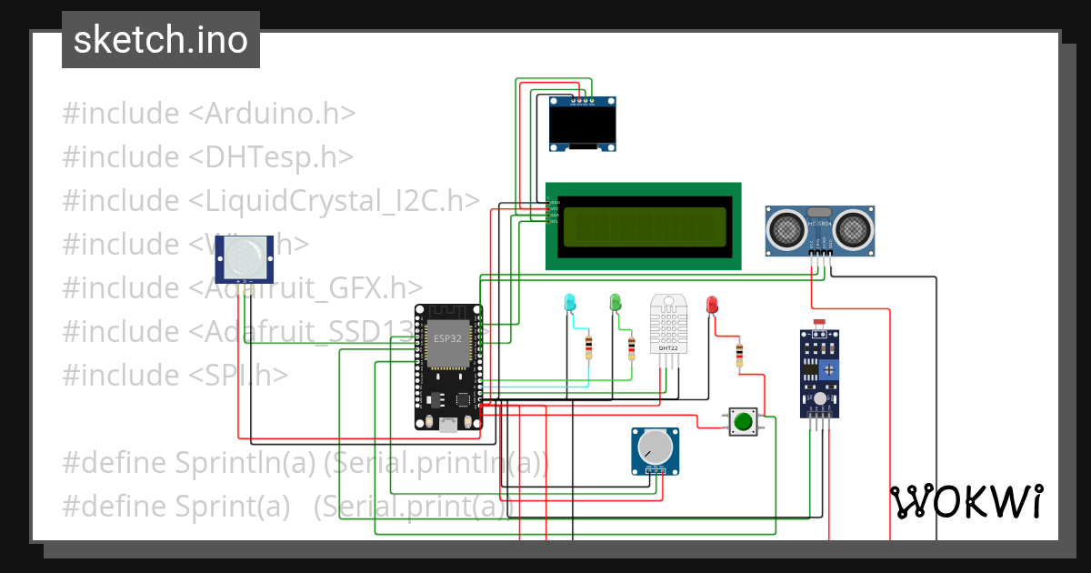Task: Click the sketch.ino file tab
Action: click(x=161, y=40)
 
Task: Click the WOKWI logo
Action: click(x=966, y=501)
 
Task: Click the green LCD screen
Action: click(x=644, y=226)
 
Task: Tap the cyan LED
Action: click(x=570, y=302)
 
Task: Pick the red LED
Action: click(x=712, y=304)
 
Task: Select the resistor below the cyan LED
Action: click(x=589, y=347)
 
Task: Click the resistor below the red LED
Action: click(x=739, y=354)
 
